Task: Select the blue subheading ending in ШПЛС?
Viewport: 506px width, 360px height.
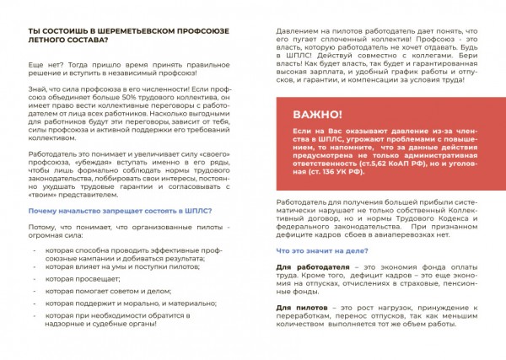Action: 119,210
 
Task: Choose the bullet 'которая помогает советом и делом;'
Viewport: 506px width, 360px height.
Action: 110,289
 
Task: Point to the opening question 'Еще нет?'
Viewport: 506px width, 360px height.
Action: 46,65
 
